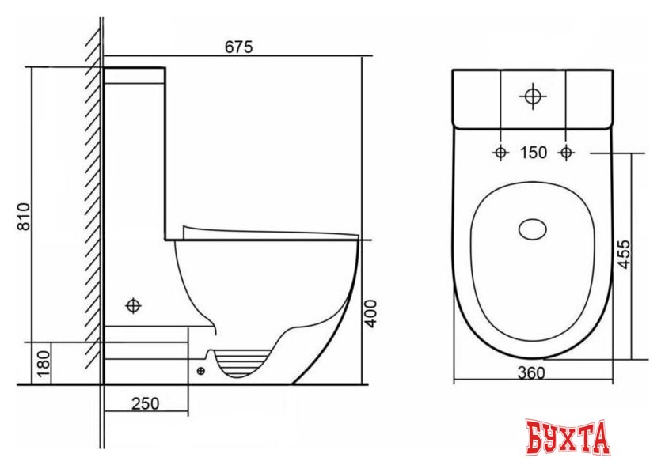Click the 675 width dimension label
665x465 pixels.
(238, 47)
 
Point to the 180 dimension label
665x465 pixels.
(45, 363)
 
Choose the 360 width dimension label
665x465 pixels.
(530, 373)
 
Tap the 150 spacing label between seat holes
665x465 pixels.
(533, 153)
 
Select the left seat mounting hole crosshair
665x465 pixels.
(500, 153)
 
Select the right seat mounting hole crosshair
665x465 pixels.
(566, 153)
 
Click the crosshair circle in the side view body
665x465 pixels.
(133, 304)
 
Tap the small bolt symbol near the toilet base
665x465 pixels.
(200, 369)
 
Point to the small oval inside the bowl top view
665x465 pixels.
(532, 230)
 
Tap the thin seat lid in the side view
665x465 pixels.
(269, 232)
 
